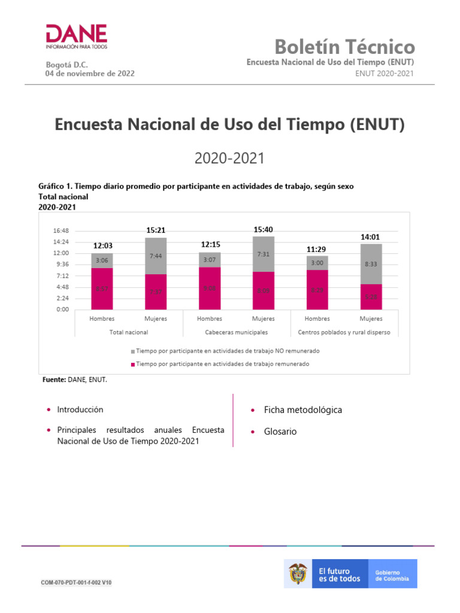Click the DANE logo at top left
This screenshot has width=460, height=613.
click(76, 37)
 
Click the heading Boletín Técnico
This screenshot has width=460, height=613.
click(344, 46)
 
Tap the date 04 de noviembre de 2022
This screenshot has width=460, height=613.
click(90, 74)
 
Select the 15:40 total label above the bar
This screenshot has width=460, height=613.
click(264, 229)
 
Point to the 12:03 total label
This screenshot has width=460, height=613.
click(102, 245)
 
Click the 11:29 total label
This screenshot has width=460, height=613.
click(317, 248)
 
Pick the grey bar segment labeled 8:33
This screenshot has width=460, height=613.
click(371, 263)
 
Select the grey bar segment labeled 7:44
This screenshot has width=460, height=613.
click(156, 256)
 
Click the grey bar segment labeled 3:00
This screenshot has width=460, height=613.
click(317, 263)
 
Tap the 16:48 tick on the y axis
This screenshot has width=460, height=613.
click(61, 230)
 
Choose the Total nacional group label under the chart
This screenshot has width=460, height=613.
click(128, 332)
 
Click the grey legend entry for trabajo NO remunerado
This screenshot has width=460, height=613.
click(226, 351)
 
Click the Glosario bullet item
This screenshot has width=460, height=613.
click(280, 432)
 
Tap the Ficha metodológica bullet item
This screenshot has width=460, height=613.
click(302, 410)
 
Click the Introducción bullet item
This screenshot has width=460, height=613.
click(80, 410)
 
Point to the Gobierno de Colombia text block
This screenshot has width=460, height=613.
click(392, 575)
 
